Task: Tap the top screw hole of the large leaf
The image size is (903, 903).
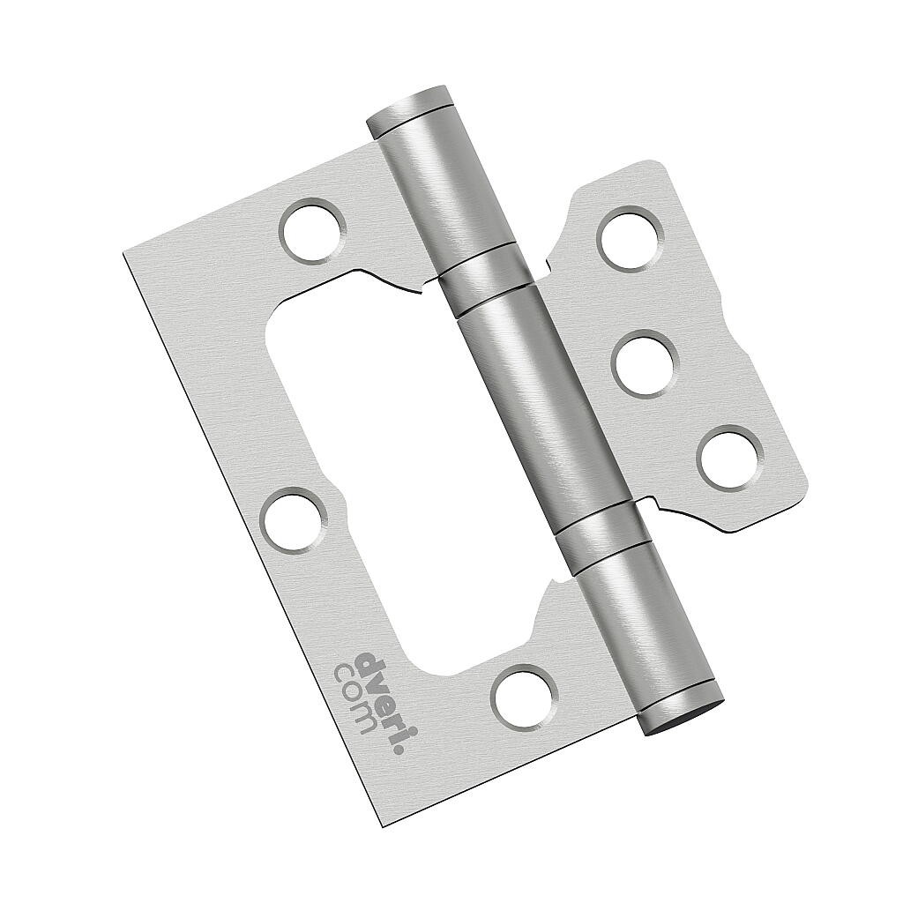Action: (312, 230)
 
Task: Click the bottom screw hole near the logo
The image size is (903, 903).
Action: (523, 697)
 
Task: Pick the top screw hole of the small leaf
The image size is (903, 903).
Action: (631, 237)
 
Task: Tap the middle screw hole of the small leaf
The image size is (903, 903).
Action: (644, 362)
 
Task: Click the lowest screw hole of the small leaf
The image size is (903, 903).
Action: (729, 457)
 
